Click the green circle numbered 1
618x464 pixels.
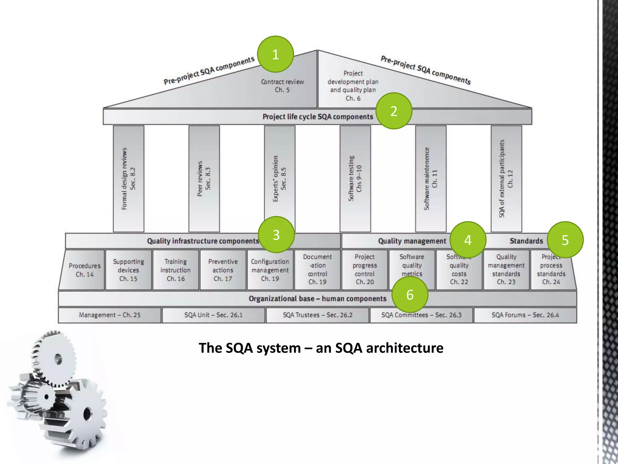click(275, 54)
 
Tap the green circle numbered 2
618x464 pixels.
click(394, 111)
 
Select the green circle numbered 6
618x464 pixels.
click(410, 295)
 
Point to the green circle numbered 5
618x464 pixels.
click(565, 240)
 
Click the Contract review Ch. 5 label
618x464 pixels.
click(282, 86)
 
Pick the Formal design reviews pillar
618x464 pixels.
click(129, 179)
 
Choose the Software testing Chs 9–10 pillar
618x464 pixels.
click(355, 179)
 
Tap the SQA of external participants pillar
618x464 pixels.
click(506, 179)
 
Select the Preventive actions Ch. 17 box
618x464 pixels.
click(223, 270)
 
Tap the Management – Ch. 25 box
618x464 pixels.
click(110, 315)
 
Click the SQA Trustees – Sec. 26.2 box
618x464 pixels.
click(317, 315)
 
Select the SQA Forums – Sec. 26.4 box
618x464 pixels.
click(525, 315)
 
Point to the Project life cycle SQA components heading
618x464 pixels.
click(317, 117)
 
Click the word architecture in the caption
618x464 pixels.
click(405, 348)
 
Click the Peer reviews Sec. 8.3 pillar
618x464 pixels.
click(204, 179)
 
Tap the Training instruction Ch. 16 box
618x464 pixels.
click(176, 270)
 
